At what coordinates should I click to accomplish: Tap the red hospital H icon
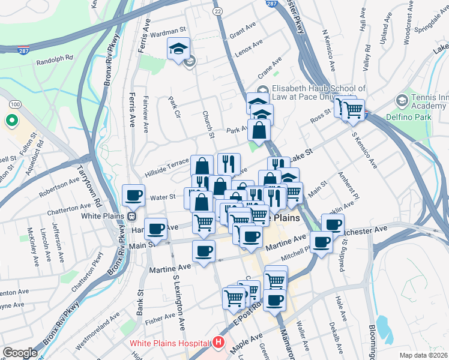tap(218, 344)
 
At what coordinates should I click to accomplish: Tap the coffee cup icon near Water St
tap(133, 194)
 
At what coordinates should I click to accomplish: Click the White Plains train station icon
tap(131, 216)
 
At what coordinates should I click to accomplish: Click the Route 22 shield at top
tap(217, 11)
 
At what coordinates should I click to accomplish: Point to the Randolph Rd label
tap(54, 59)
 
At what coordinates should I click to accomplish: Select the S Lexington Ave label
tap(179, 302)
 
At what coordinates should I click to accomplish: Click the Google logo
tap(19, 353)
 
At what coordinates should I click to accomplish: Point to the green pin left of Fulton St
tap(11, 122)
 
